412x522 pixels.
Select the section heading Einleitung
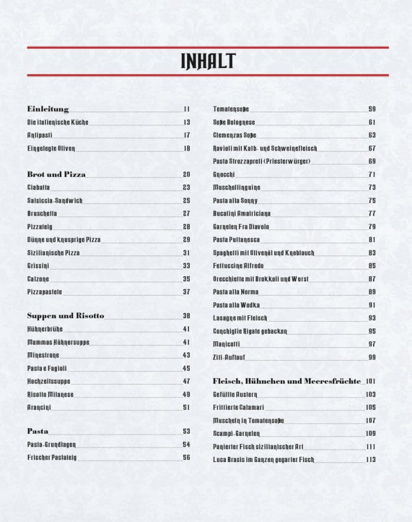(x=48, y=109)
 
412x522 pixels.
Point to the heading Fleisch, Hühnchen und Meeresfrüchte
(x=287, y=380)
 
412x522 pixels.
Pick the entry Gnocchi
(x=225, y=174)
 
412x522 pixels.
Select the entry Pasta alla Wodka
(x=237, y=305)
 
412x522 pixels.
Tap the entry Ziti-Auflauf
(x=229, y=357)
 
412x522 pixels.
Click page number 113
(x=371, y=459)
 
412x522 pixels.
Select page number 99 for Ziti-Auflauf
(x=372, y=357)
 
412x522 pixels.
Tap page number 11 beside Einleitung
(x=186, y=109)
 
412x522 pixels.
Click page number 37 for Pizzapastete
(x=186, y=291)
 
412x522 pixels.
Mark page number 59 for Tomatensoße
(x=372, y=109)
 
